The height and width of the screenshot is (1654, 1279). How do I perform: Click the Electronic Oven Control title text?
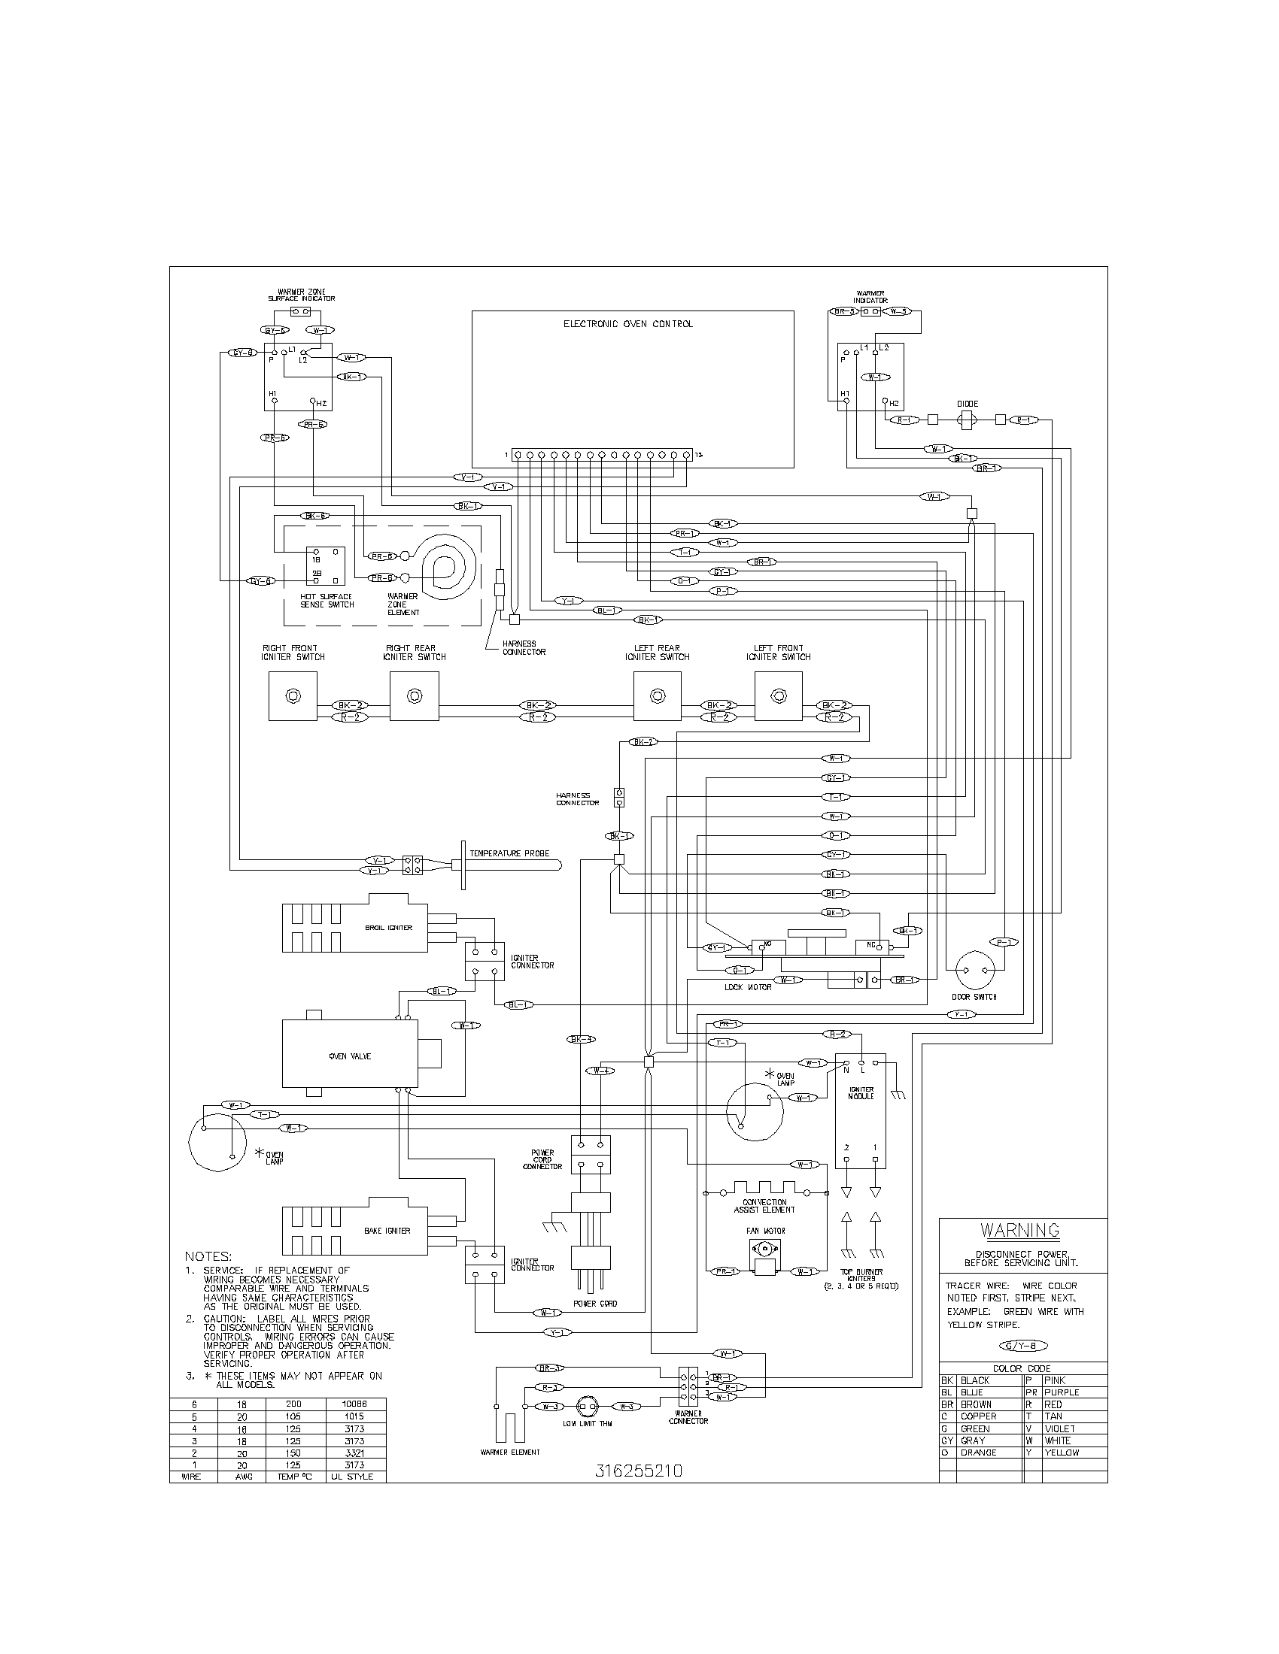click(x=627, y=324)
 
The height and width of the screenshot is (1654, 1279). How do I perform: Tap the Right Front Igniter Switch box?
click(x=293, y=696)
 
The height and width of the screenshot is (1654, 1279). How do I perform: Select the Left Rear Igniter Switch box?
click(x=657, y=696)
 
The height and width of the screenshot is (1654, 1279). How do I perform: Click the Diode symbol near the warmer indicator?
click(x=968, y=420)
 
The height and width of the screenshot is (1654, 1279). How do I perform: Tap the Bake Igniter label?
click(x=387, y=1231)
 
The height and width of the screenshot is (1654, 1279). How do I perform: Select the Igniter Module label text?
click(x=861, y=1093)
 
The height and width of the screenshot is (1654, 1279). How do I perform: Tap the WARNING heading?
click(x=1019, y=1231)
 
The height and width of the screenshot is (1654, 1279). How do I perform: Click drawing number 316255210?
click(x=639, y=1471)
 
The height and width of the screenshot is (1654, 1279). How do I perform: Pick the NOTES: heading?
click(x=208, y=1256)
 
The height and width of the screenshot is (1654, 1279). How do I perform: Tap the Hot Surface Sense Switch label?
click(x=327, y=601)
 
